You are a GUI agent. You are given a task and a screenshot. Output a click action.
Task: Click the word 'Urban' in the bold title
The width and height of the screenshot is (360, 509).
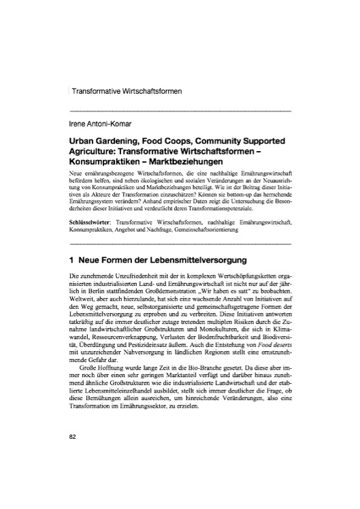(84, 140)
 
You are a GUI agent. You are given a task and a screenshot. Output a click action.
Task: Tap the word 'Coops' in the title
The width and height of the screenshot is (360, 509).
(182, 140)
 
